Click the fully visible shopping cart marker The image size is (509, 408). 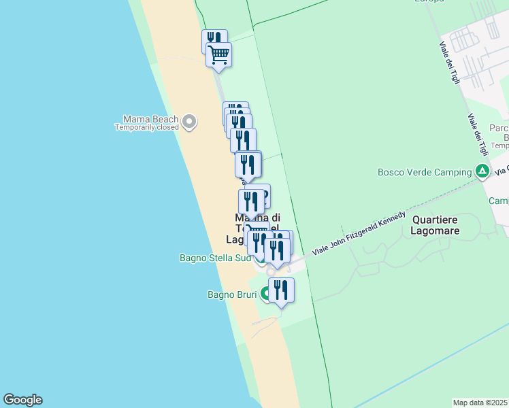tap(219, 54)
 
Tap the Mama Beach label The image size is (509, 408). tap(146, 118)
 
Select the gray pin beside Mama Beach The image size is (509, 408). tap(190, 122)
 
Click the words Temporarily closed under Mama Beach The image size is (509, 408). tap(146, 127)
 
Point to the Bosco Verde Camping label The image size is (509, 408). tap(425, 172)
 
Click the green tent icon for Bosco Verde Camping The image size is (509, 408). tap(482, 171)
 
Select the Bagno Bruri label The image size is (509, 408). tap(232, 294)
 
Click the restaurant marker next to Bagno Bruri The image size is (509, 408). tap(281, 290)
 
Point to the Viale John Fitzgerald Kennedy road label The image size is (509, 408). tap(359, 233)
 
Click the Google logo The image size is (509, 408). tap(22, 400)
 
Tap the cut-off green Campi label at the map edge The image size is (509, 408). tap(499, 201)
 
